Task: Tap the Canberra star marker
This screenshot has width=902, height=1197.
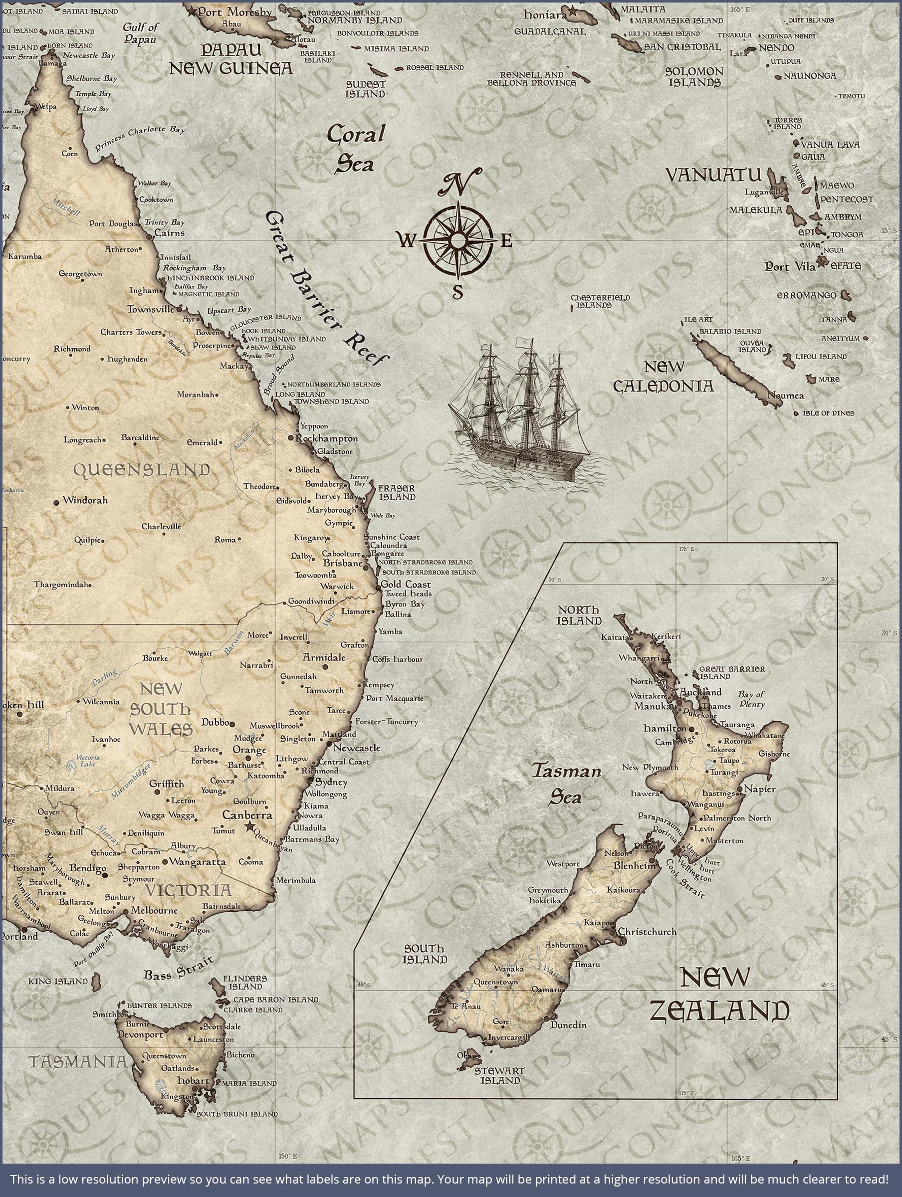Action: point(249,826)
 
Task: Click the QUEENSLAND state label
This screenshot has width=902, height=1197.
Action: point(141,470)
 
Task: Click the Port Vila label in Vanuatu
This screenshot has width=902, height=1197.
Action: point(788,266)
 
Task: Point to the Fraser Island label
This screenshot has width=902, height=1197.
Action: point(396,492)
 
